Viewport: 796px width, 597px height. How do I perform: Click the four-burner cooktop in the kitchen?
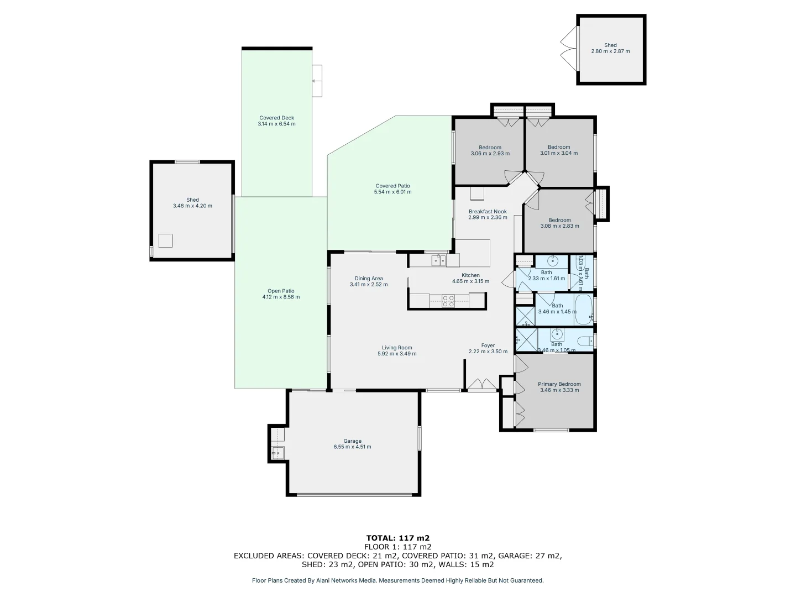pos(448,301)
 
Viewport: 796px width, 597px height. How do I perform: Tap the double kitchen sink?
pos(438,260)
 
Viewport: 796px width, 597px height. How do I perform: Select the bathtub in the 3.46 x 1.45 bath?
pos(584,310)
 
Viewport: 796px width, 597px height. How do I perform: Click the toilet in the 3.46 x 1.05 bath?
pos(584,339)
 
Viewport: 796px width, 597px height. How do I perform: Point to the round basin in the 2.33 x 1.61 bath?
pos(552,260)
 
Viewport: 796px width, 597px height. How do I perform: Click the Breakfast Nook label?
pos(488,212)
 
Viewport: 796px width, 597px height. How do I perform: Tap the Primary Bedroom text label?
pos(559,384)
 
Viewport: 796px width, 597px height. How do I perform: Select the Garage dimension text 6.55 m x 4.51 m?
pos(353,447)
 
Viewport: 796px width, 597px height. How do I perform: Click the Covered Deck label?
pos(276,118)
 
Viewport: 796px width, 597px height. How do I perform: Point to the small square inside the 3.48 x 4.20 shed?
pos(165,240)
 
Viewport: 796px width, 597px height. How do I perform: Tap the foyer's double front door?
pos(481,385)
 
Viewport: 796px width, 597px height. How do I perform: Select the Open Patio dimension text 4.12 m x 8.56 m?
pos(281,297)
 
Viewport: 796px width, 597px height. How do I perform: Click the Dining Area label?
pos(369,279)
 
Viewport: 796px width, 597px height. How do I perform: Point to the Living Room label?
pos(397,348)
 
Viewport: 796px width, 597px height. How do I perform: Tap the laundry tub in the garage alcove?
pos(277,453)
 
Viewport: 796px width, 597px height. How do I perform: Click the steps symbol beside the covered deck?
pos(317,81)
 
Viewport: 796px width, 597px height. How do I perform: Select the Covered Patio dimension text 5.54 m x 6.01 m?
pos(392,192)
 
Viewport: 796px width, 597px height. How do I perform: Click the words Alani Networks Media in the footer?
pos(347,580)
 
